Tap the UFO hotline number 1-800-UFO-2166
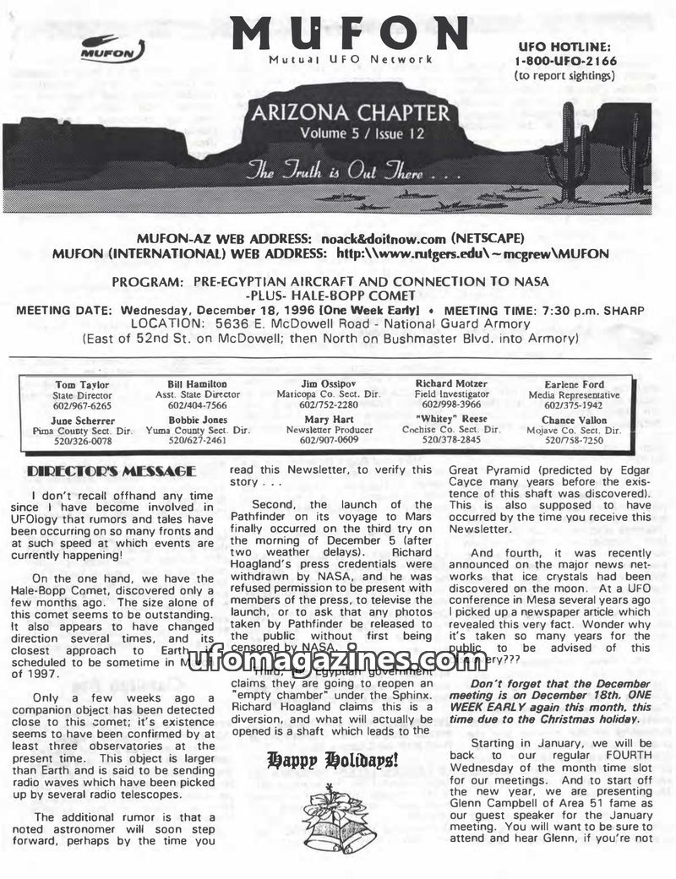pos(565,61)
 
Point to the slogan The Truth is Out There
pos(352,174)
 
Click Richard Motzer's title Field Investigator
pos(451,394)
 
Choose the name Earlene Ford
pos(574,384)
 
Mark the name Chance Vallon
pos(574,420)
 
